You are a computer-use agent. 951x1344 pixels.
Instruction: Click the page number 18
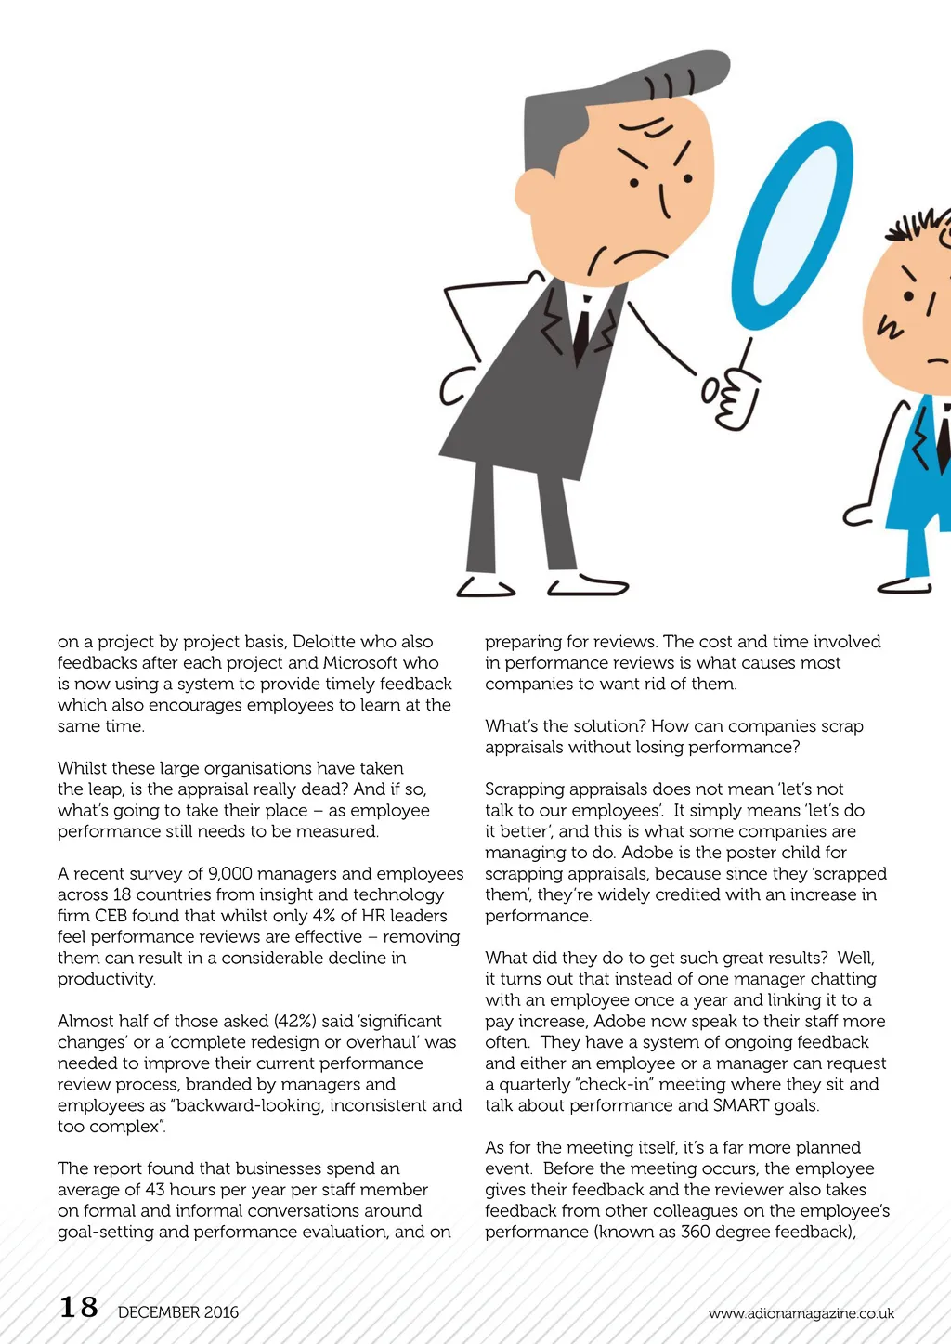(x=79, y=1307)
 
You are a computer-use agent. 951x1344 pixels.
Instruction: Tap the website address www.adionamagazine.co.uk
(x=801, y=1312)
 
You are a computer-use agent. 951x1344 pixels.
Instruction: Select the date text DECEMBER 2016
(x=178, y=1312)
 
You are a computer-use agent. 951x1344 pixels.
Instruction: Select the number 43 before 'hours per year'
(x=155, y=1190)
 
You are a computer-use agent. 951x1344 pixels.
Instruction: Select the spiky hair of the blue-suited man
(x=919, y=226)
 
